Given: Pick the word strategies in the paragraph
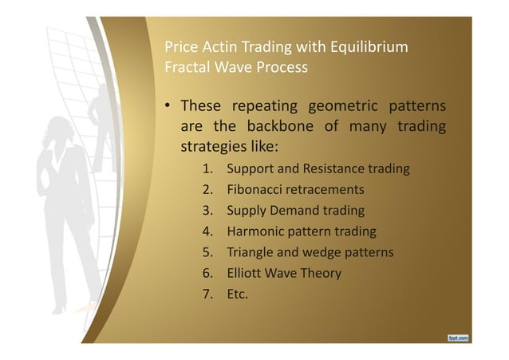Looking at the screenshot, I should tap(214, 148).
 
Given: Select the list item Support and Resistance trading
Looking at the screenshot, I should tap(318, 169).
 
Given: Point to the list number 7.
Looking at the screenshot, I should tap(206, 295).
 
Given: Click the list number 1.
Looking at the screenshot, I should tap(206, 169).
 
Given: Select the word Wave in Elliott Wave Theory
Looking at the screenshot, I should tap(288, 274).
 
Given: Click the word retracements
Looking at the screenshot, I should tap(328, 190).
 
